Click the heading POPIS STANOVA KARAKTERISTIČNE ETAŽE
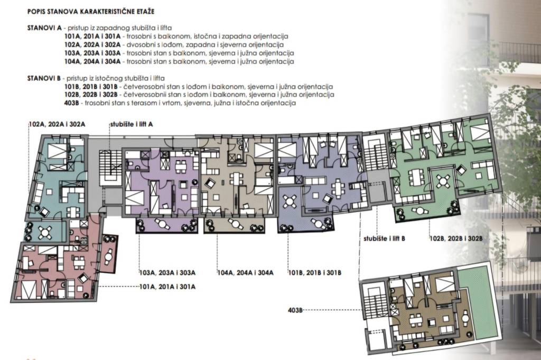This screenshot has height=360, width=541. point(91,12)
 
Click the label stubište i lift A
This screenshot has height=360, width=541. point(132,124)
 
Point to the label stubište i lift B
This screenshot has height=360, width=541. point(385,238)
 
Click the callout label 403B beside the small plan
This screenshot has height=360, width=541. point(295,310)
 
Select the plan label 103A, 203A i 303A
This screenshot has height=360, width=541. point(167,273)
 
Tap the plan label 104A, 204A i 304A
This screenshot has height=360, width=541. point(245,273)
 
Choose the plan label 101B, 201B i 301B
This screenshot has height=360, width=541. point(315,273)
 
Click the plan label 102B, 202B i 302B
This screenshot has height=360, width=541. point(456,238)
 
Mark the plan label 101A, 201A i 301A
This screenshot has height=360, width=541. point(167,287)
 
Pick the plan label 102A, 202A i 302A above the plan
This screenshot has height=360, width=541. point(57,124)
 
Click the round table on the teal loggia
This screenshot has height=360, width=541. point(45,232)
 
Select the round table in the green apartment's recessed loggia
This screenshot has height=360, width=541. point(443,180)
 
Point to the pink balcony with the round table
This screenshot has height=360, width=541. point(110,253)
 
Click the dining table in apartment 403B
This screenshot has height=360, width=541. point(416,320)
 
